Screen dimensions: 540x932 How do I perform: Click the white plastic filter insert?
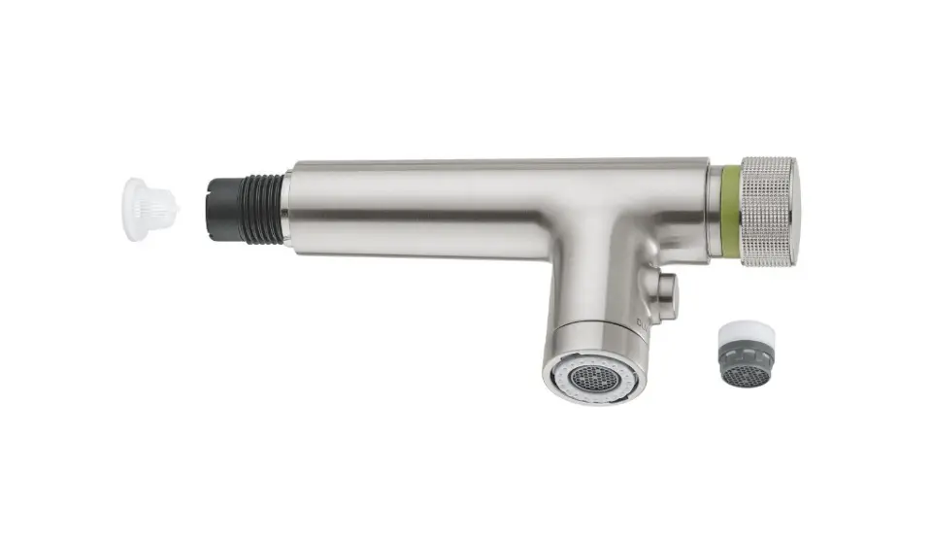149,209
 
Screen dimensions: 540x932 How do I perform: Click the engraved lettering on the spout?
642,323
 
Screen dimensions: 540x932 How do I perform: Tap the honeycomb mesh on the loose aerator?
748,375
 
